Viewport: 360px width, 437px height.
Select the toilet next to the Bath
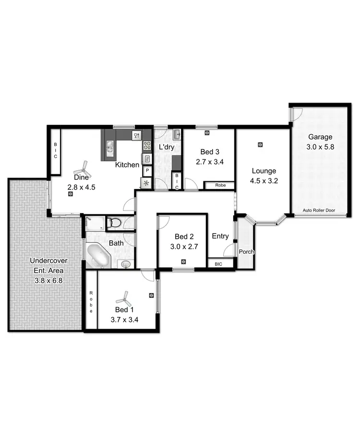(x=114, y=223)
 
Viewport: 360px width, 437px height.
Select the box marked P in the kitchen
(x=146, y=171)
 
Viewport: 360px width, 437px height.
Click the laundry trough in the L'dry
(x=176, y=134)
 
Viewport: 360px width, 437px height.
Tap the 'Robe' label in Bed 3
(x=220, y=185)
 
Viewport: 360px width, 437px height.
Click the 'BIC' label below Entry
(x=218, y=263)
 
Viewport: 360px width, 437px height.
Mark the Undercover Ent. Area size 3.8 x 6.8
(x=48, y=278)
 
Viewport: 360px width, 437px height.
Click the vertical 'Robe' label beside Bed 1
(x=91, y=302)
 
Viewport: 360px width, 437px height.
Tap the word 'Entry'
(x=220, y=236)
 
